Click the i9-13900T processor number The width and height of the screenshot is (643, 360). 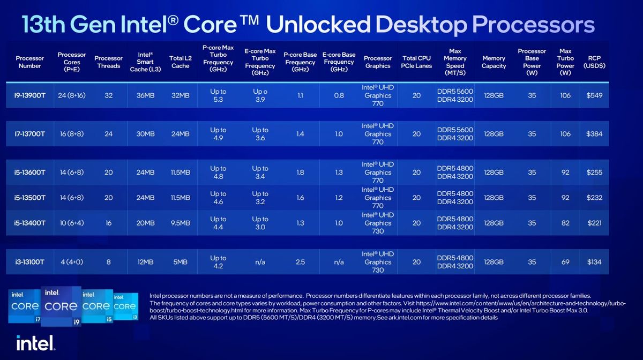coord(30,96)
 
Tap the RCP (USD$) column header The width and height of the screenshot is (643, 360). coord(596,62)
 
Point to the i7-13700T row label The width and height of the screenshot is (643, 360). coord(30,134)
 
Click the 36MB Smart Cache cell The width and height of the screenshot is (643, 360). coord(145,96)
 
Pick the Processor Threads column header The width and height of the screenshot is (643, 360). coord(109,62)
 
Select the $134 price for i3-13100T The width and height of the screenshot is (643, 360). coord(594,262)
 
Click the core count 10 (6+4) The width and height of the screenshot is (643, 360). coord(72,223)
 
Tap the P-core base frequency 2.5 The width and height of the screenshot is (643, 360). coord(300,262)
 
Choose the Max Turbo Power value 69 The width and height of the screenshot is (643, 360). coord(565,262)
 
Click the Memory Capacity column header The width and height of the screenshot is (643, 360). coord(494,62)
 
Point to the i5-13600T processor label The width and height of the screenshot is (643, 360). coord(30,172)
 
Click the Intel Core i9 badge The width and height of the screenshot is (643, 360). coord(61,307)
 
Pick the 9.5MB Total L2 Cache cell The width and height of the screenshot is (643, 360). coord(180,223)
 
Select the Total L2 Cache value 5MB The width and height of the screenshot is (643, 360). coord(180,262)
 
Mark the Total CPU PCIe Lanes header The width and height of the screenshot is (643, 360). coord(416,62)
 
